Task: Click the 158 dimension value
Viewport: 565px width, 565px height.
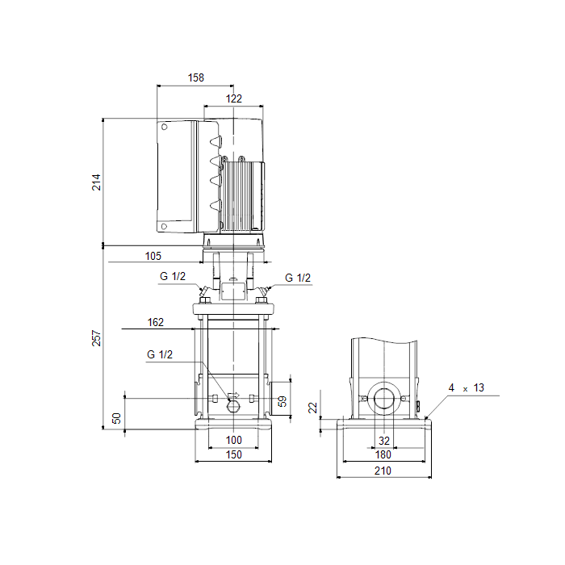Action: [195, 77]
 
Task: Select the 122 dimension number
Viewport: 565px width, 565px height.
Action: [233, 98]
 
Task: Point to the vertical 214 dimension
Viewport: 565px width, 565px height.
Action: [96, 182]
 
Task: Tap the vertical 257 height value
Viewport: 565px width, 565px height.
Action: [96, 338]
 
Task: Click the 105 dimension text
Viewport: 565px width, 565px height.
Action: [153, 256]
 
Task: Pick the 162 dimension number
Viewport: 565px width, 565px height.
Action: [155, 322]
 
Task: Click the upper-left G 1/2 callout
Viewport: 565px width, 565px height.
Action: [173, 276]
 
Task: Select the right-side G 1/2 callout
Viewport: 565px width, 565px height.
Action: [298, 278]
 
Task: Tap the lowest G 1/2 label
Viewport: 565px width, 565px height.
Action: [160, 354]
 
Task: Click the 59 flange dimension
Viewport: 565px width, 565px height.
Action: [282, 401]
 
